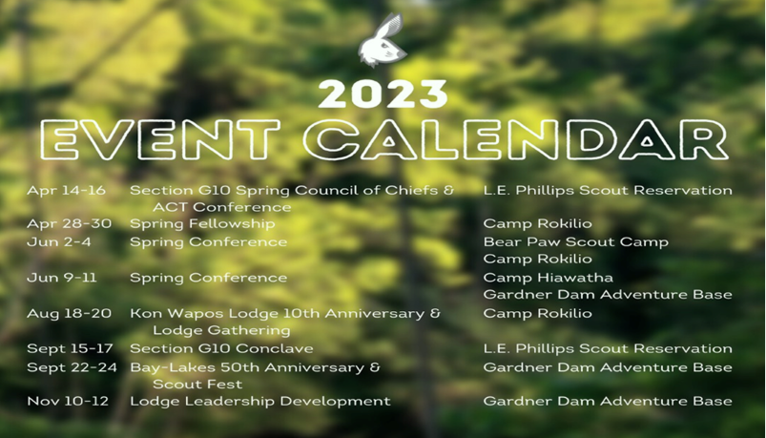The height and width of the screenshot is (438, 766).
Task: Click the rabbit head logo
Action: tap(383, 40)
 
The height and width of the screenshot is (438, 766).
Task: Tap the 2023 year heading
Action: tap(383, 94)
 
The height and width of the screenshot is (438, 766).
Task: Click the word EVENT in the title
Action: tap(160, 140)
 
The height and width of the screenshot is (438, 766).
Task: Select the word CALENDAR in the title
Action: tap(516, 140)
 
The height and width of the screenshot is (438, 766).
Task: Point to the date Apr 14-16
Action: tap(66, 190)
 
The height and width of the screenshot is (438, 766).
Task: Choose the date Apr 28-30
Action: tap(69, 224)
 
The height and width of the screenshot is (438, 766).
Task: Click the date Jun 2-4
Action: tap(58, 242)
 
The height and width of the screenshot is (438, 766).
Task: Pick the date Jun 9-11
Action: tap(62, 278)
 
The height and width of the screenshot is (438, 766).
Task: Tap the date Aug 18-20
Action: tap(69, 313)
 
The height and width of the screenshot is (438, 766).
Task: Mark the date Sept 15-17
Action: tap(70, 348)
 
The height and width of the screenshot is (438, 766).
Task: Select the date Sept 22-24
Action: tap(72, 367)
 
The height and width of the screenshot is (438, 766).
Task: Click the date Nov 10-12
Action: tap(68, 402)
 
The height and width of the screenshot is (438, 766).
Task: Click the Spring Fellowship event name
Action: tap(202, 224)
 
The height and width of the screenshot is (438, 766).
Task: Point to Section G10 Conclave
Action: tap(221, 348)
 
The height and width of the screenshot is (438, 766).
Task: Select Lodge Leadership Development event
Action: tap(259, 402)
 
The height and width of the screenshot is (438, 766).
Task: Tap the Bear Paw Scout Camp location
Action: tap(576, 242)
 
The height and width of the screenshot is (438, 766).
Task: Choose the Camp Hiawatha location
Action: tap(549, 278)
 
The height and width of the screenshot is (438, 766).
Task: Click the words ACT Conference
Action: tap(222, 207)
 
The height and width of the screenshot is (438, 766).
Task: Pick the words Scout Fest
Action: tap(197, 385)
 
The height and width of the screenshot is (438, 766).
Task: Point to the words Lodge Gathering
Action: tap(221, 330)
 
